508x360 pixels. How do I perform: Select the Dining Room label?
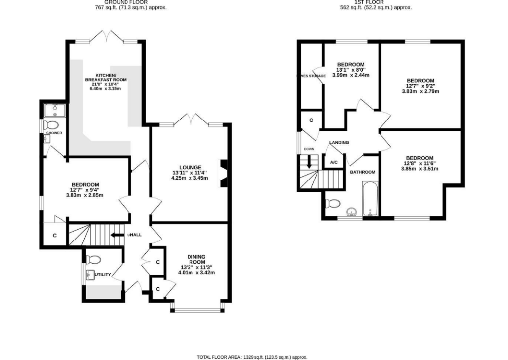click(x=196, y=259)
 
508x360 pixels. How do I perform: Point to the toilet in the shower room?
click(x=51, y=124)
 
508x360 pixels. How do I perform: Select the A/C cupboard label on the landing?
click(x=334, y=162)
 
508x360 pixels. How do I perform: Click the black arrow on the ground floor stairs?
click(x=117, y=235)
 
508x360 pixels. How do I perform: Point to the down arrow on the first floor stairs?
click(x=309, y=162)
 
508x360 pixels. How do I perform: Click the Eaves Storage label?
click(x=311, y=76)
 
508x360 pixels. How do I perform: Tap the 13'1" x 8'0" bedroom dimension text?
click(x=351, y=72)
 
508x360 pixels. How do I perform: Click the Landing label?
click(x=339, y=143)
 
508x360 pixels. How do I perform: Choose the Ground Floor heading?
click(x=116, y=2)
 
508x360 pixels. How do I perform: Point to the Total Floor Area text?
click(x=252, y=357)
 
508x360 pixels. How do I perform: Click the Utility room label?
click(x=102, y=274)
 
